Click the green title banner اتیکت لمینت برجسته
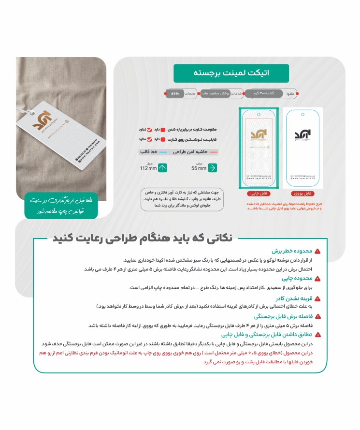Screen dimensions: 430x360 click(x=231, y=73)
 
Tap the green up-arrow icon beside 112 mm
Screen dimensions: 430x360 click(x=162, y=168)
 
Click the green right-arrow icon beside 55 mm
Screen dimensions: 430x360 click(x=212, y=168)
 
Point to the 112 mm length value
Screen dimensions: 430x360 click(x=148, y=168)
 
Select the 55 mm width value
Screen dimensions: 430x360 click(x=199, y=168)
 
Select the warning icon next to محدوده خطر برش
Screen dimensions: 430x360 click(x=317, y=252)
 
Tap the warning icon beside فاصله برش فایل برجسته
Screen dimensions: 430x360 click(x=317, y=317)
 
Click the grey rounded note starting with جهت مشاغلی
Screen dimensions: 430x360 click(x=182, y=198)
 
